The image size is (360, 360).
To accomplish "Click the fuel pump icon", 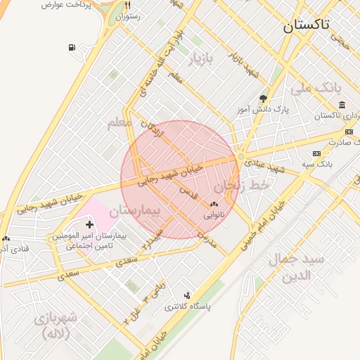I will [x=72, y=48].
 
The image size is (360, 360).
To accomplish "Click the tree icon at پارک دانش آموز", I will [x=263, y=99].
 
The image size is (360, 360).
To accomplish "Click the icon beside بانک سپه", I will [x=316, y=153].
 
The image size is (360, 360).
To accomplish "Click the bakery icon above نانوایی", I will [x=214, y=205].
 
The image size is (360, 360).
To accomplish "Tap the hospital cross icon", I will [x=89, y=224].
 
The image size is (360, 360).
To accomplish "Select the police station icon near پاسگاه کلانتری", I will [x=187, y=295].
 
